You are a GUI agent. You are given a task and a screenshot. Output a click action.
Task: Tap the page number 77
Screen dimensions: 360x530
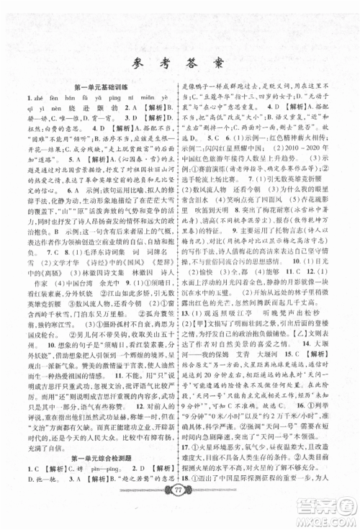[x=180, y=512]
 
